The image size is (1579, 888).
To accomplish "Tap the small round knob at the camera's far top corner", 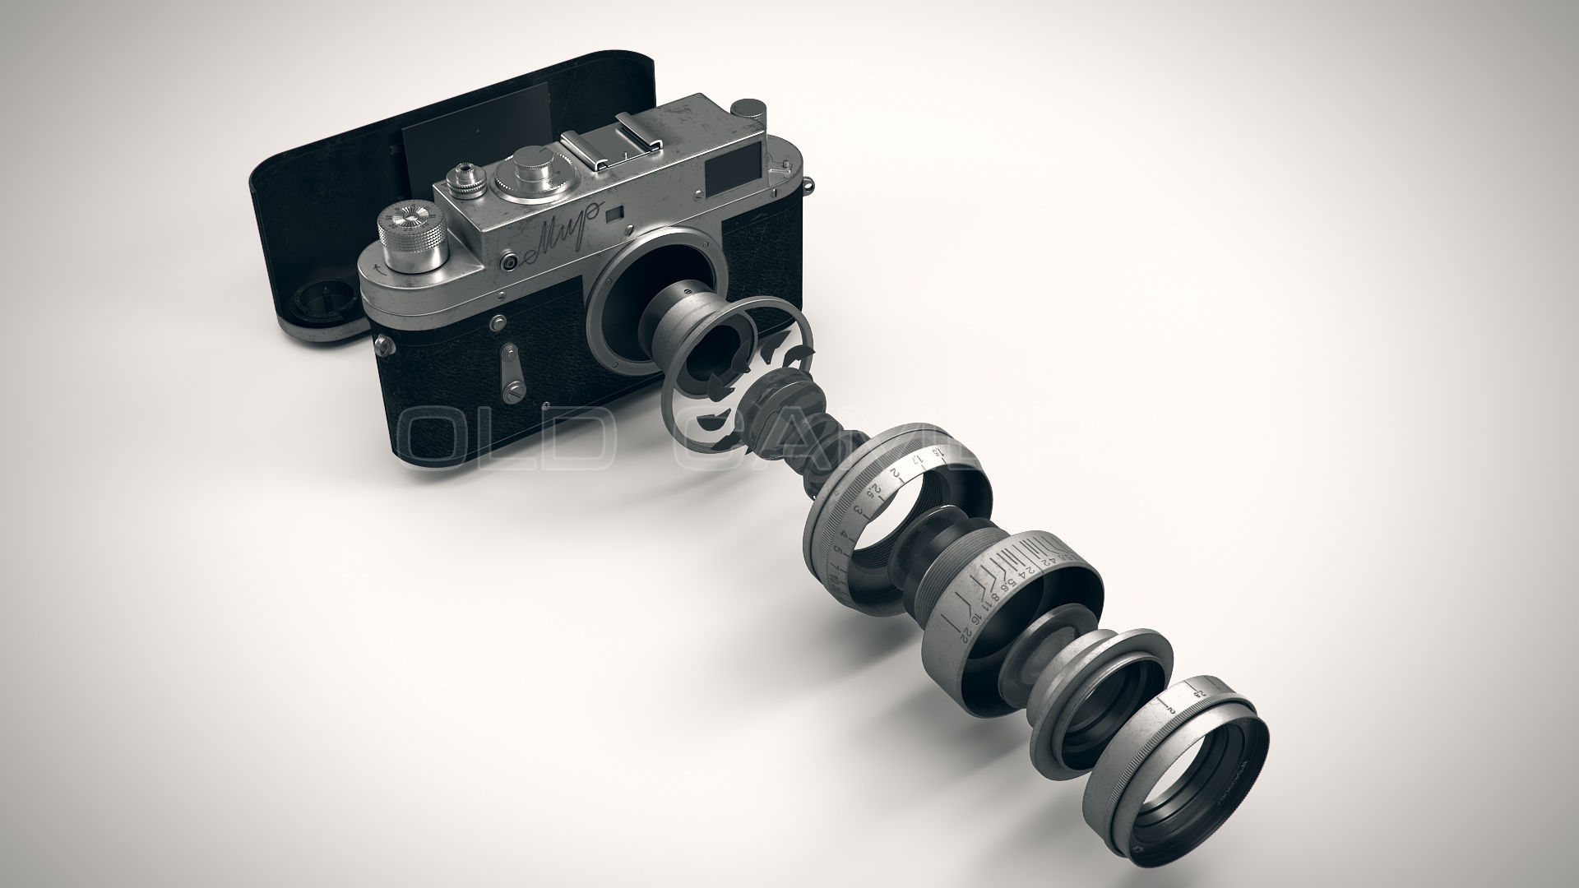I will tap(748, 108).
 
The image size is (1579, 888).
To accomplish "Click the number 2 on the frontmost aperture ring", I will tap(1169, 706).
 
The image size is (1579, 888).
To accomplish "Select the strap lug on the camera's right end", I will tap(809, 184).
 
